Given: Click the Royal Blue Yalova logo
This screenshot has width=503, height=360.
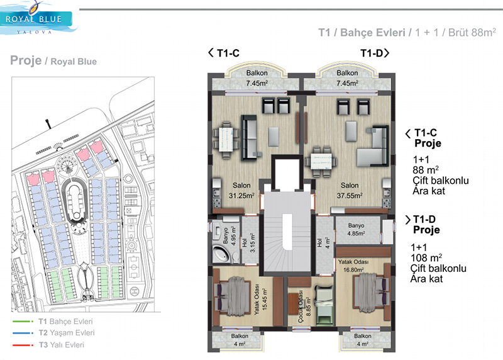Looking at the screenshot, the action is pos(38,18).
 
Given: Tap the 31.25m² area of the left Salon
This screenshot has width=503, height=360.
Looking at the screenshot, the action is pos(241,196).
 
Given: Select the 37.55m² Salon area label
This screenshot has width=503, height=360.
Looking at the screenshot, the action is pos(350,196).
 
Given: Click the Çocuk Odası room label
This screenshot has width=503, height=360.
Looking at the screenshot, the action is pos(301,307).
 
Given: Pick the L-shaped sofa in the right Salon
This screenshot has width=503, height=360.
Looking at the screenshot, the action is pos(373,146).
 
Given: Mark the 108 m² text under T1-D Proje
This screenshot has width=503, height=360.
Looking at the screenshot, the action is pos(426,257).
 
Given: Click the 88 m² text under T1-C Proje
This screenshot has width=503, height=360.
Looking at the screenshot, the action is pos(426,170).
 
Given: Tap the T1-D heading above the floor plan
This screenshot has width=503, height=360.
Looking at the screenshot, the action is pos(375,53).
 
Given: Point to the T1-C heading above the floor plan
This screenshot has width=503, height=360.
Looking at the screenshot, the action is pos(224,53).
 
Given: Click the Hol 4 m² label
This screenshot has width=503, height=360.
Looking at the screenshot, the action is pos(323,242).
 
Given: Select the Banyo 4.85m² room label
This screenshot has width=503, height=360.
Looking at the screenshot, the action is pos(356,229).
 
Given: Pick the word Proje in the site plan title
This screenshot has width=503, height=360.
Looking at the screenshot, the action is pos(26,60).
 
